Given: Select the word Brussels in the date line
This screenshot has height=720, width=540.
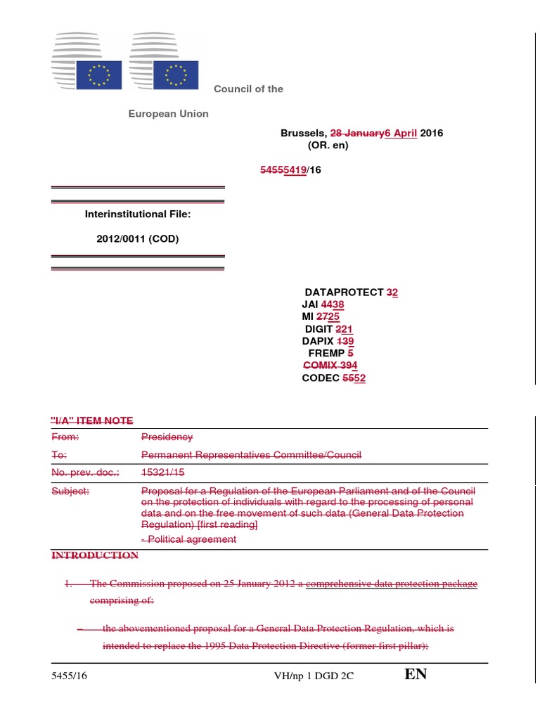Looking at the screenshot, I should pyautogui.click(x=303, y=134).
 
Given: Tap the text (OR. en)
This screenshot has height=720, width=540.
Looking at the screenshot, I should pyautogui.click(x=328, y=146).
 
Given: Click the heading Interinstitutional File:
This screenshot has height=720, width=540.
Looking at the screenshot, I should pyautogui.click(x=138, y=214).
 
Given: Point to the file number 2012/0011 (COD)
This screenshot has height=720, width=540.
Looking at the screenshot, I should pyautogui.click(x=138, y=239).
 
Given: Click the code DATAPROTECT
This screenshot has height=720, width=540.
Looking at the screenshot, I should pyautogui.click(x=344, y=292).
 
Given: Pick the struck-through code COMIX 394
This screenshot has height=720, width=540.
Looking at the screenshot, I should pyautogui.click(x=330, y=366).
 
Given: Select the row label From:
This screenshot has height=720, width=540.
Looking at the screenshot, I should pyautogui.click(x=65, y=437).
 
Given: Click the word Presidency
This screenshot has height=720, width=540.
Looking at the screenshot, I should pyautogui.click(x=167, y=437).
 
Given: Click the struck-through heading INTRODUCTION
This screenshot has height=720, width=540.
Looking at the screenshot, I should pyautogui.click(x=95, y=555).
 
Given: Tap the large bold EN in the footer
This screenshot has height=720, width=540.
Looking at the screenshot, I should pyautogui.click(x=416, y=675).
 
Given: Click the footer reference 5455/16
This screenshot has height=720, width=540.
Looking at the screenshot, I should pyautogui.click(x=70, y=676).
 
